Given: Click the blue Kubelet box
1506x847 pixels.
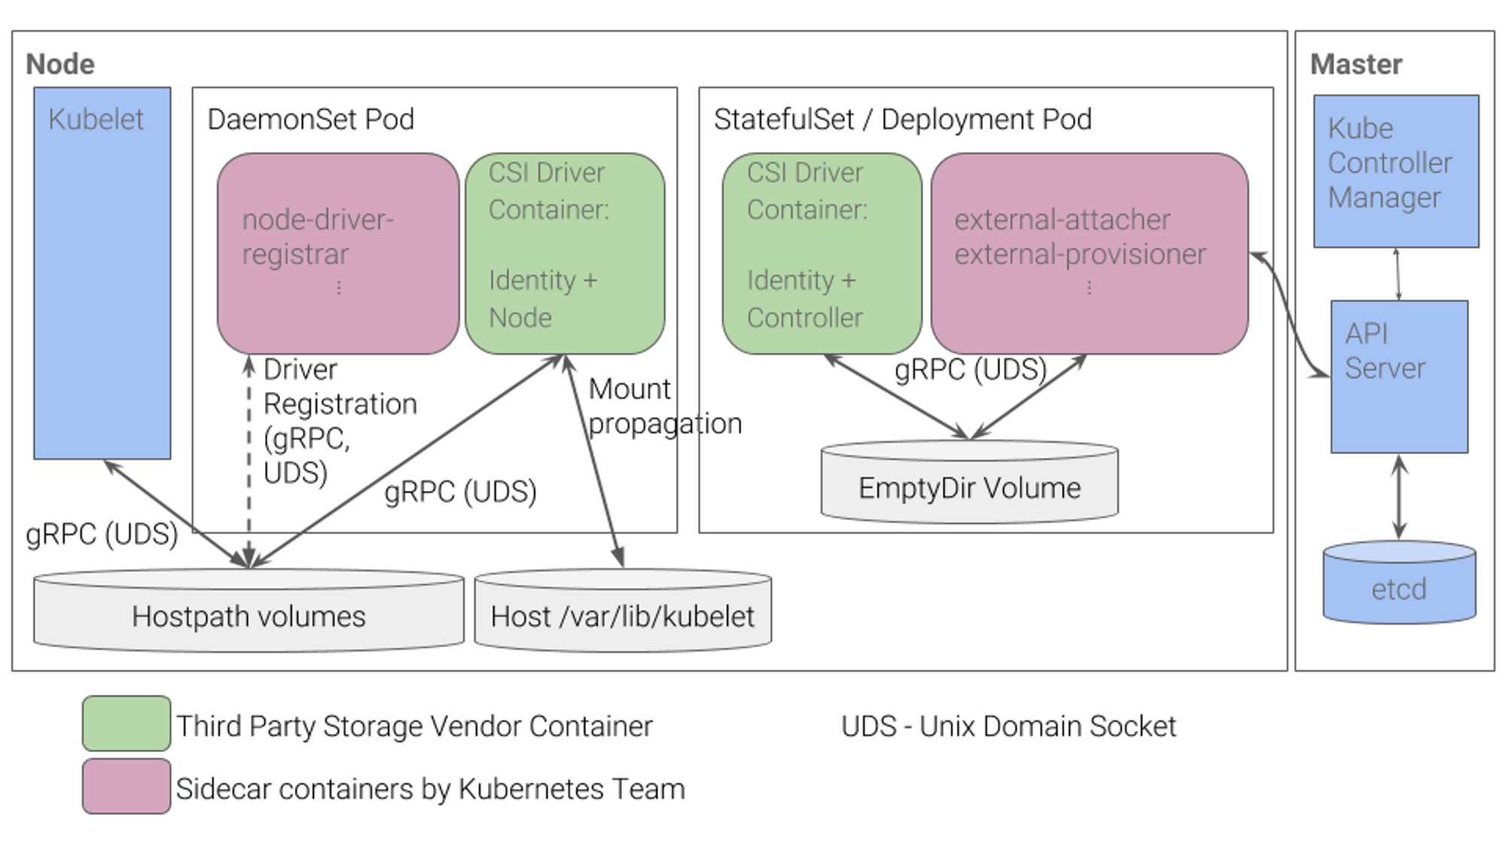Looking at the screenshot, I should (x=102, y=286).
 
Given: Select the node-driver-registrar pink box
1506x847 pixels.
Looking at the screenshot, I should (x=337, y=253).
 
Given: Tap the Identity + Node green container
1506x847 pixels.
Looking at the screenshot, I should (x=564, y=253).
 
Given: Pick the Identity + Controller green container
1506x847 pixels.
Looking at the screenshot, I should (x=822, y=253).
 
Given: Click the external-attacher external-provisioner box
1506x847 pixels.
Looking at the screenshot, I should (x=1089, y=253).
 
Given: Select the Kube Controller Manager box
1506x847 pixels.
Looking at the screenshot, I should (x=1395, y=171).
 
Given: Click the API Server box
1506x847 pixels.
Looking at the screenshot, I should (x=1398, y=376).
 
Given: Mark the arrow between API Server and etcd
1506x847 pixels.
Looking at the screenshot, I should (x=1398, y=497).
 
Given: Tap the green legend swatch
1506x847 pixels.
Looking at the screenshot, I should (x=126, y=724).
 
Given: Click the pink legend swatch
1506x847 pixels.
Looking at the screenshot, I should (x=126, y=787).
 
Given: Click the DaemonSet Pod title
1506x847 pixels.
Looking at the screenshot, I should (x=310, y=119).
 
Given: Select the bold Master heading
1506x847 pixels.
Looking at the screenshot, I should (x=1355, y=65).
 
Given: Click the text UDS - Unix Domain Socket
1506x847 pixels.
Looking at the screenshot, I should (x=1008, y=727).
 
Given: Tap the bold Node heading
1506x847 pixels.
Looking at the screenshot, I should (x=60, y=65).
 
